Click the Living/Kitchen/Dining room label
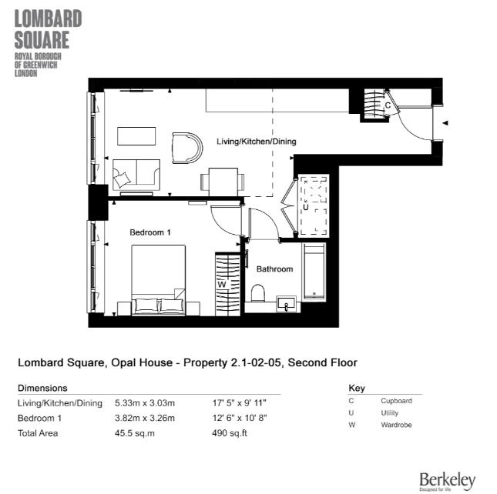point(256,142)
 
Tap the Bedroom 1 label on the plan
point(149,232)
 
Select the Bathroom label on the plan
point(274,269)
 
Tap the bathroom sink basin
point(287,305)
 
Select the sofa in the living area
point(136,175)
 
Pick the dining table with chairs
point(222,182)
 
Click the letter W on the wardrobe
point(222,284)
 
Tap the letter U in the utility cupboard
point(306,207)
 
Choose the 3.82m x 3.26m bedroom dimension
point(145,418)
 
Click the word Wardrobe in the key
point(396,425)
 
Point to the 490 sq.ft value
point(229,432)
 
